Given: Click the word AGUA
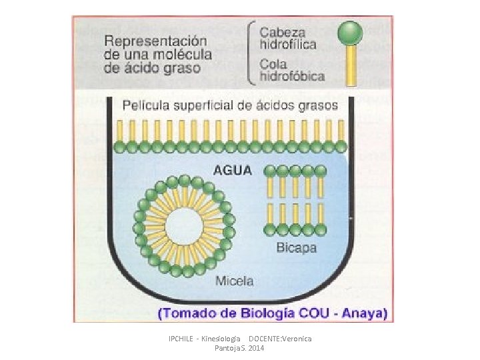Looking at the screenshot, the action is tap(233, 170).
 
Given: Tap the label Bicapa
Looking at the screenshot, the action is tap(296, 248).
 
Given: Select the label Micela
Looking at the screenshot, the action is tap(234, 281).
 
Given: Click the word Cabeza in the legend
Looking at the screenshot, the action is tap(283, 32).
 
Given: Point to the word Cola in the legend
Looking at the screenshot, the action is tap(273, 64).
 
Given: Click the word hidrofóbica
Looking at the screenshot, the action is tap(292, 76).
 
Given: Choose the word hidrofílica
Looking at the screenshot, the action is tap(288, 44).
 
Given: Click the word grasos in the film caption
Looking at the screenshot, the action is tap(319, 105).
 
